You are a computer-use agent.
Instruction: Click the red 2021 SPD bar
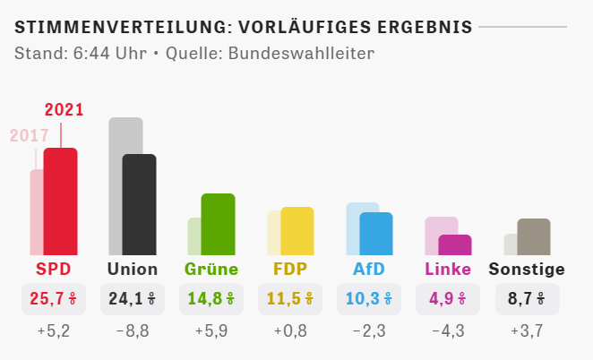(60, 201)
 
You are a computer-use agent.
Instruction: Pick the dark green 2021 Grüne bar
(218, 224)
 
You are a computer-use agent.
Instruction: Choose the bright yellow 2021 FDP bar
(297, 231)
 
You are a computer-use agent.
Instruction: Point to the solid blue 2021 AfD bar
(376, 234)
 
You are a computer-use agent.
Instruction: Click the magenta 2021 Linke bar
(455, 244)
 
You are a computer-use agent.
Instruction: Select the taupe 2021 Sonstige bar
(534, 236)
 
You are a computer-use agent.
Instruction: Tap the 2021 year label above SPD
(64, 111)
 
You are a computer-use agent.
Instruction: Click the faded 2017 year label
(28, 136)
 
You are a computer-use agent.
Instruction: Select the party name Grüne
(211, 269)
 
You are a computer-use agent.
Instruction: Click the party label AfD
(369, 269)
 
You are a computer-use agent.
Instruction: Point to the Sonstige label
(527, 269)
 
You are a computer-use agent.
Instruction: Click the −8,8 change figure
(133, 332)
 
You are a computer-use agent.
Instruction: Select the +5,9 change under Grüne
(211, 332)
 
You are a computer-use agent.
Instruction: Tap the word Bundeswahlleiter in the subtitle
(301, 53)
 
